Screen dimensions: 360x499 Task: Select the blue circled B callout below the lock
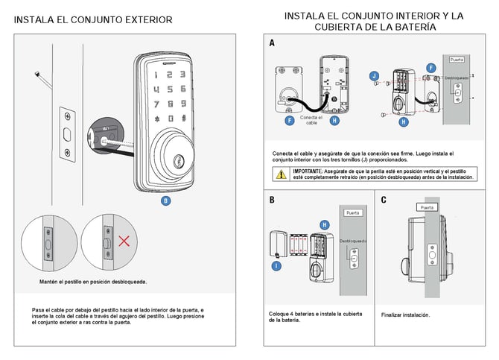(x=166, y=200)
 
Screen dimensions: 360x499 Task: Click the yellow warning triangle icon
(x=281, y=175)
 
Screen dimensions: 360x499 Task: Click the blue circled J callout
(x=375, y=75)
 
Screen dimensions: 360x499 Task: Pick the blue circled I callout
(x=276, y=265)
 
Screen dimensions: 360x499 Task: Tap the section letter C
(x=383, y=200)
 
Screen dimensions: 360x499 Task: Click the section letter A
(x=272, y=43)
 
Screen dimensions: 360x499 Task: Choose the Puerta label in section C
(x=427, y=207)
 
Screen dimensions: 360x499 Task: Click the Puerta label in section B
(x=352, y=213)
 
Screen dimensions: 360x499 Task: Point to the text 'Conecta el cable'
(x=311, y=120)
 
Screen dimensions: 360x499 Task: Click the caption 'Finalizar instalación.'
(x=405, y=315)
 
